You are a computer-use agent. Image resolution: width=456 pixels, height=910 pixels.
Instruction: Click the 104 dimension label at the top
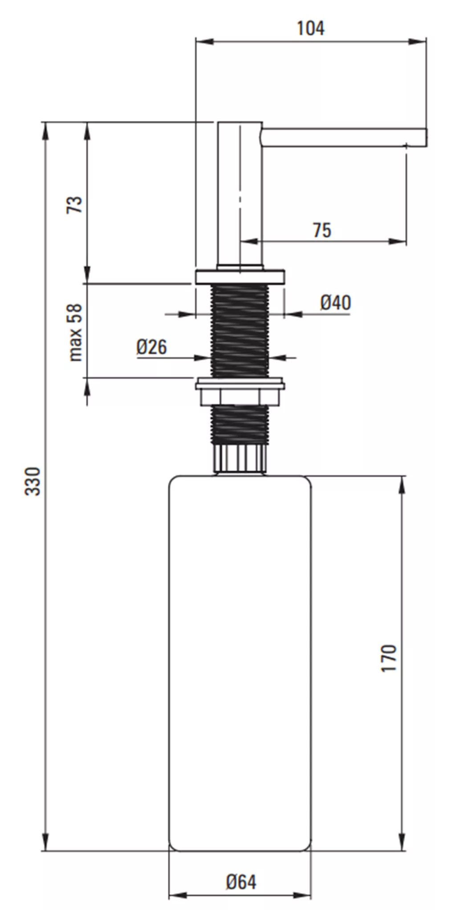tap(310, 28)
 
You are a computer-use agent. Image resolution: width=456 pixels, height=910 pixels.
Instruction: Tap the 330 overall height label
tap(33, 481)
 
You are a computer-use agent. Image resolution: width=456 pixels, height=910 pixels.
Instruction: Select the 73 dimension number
tap(75, 204)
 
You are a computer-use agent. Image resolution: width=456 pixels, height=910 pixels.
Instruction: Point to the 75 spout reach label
tap(322, 231)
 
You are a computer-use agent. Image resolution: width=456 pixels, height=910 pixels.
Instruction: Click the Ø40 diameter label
tap(336, 303)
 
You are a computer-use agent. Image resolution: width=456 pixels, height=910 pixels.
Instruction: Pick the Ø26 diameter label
tap(152, 347)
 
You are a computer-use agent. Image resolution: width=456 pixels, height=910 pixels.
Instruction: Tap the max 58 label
tap(75, 332)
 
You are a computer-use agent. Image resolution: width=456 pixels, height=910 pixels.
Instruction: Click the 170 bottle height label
tap(389, 658)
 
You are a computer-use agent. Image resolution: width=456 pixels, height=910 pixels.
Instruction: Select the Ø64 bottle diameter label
tap(241, 882)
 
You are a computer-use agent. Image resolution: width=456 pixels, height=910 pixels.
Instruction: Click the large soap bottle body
tap(240, 663)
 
